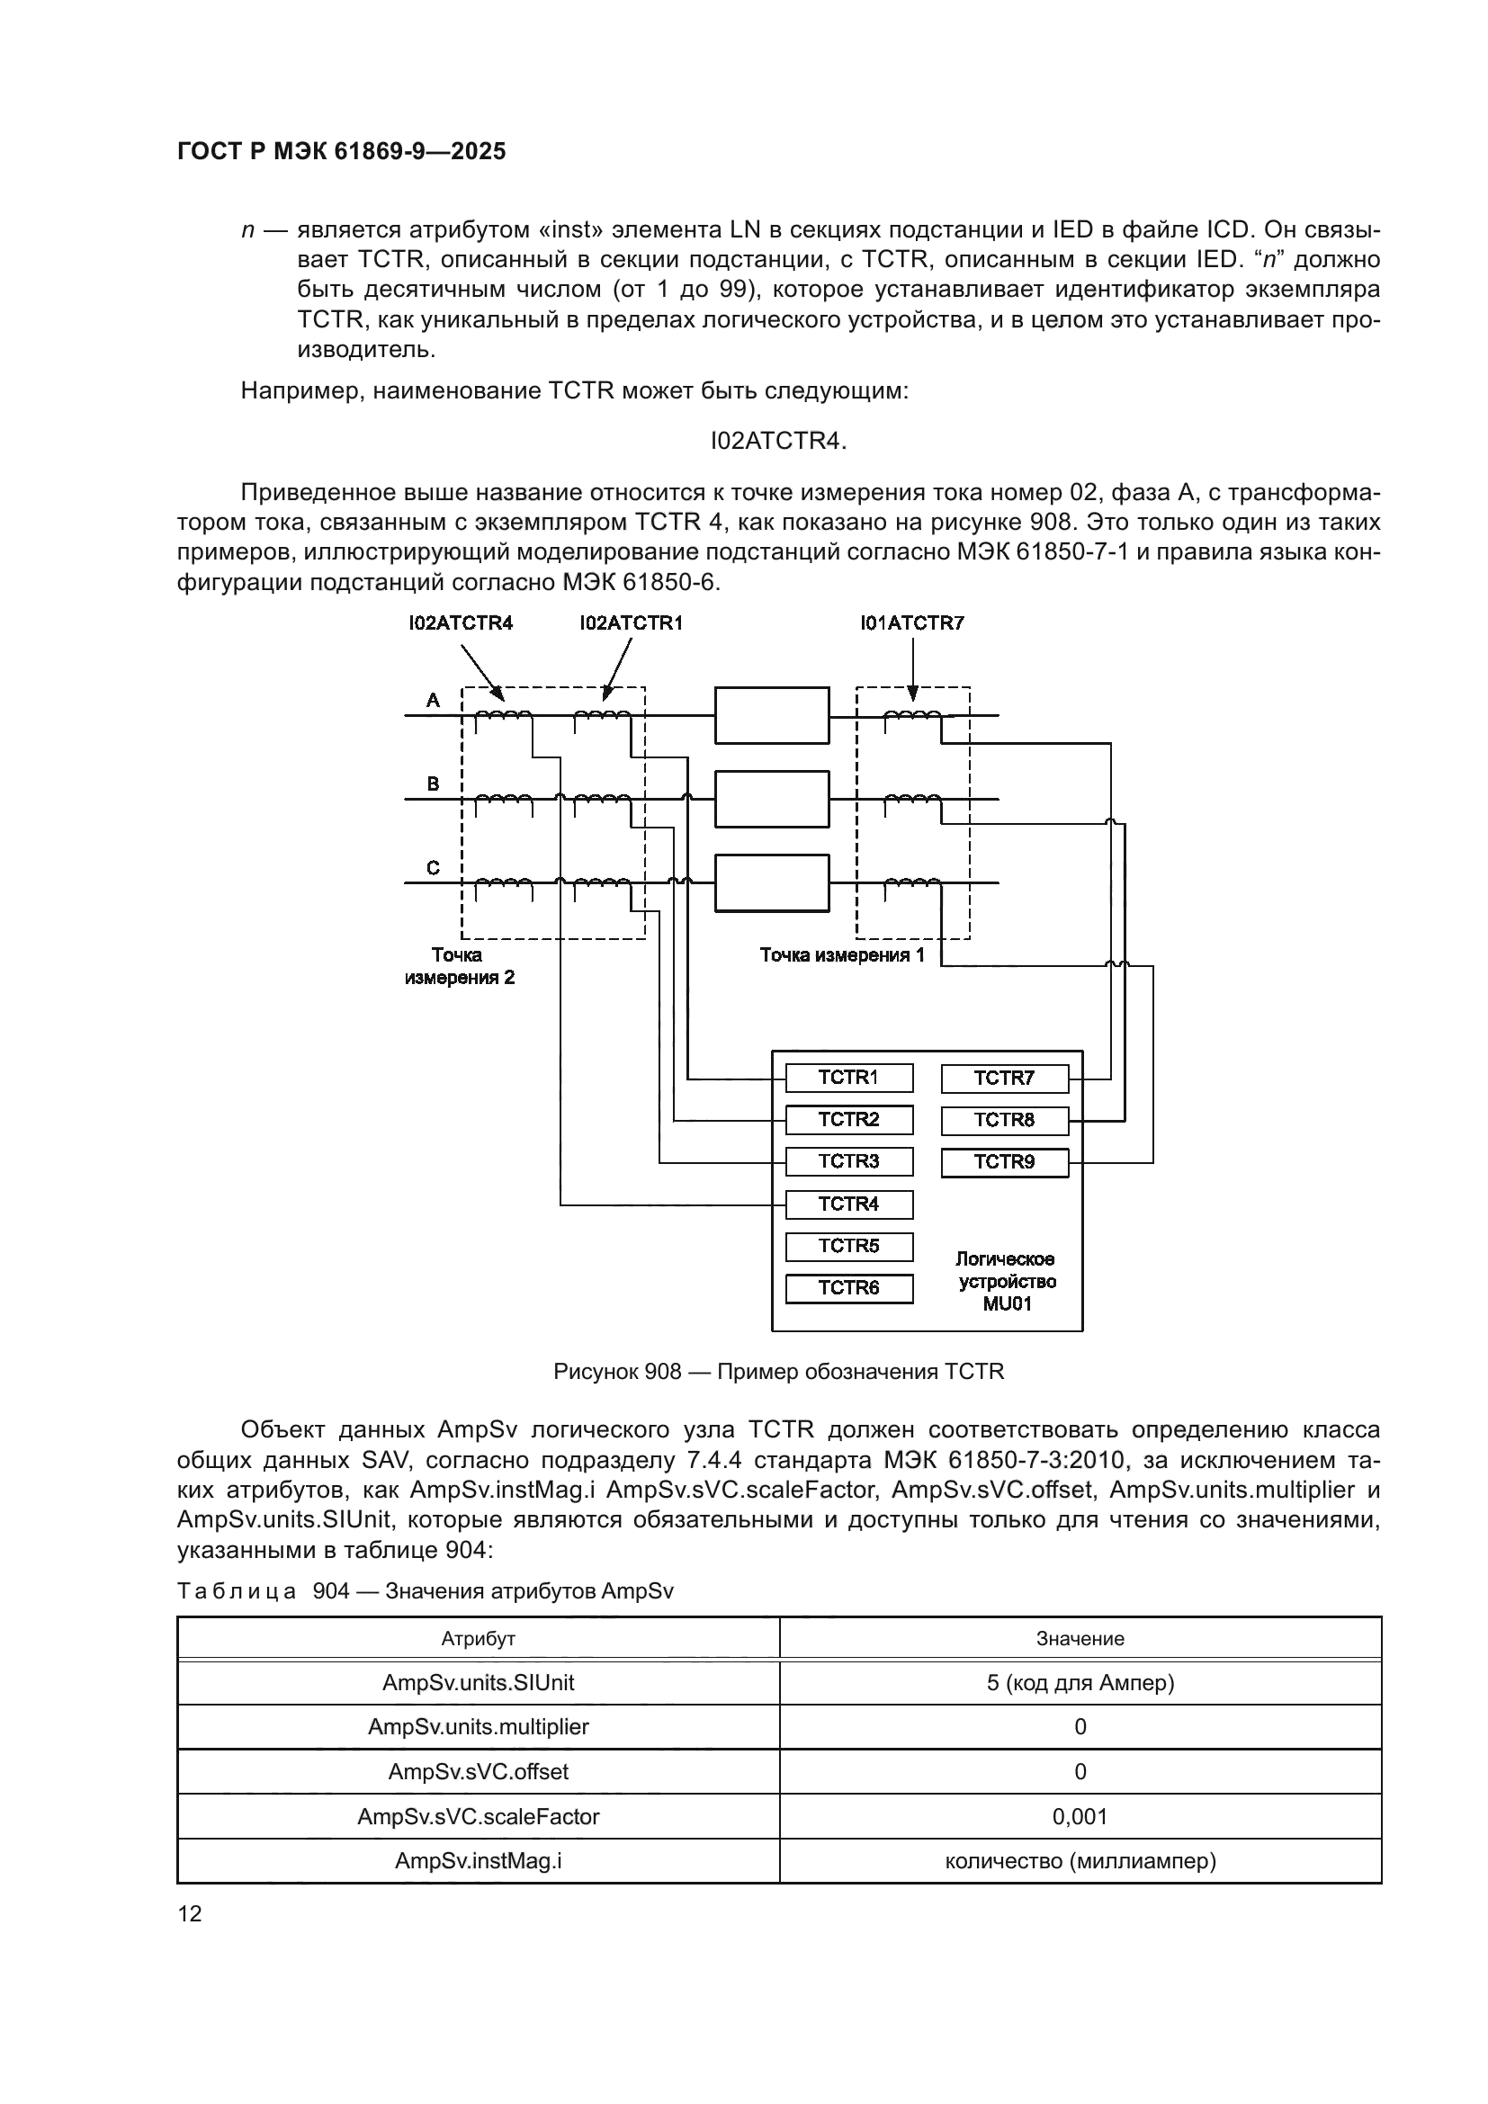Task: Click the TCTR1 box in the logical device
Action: coord(848,1078)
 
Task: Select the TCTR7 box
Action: coord(1004,1079)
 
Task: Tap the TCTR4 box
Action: coord(848,1204)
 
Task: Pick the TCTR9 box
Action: coord(1004,1162)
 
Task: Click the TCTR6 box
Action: coord(848,1287)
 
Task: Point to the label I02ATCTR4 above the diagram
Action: coord(461,623)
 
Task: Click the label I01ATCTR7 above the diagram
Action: coord(911,623)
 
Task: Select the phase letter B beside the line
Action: coord(434,783)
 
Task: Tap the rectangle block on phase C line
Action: coord(772,882)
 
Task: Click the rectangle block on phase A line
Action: coord(772,715)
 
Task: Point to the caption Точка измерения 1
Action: coord(842,955)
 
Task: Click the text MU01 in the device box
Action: coord(1007,1303)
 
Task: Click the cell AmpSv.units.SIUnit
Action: coord(479,1682)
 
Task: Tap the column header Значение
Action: coord(1080,1638)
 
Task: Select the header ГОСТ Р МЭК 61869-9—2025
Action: coord(341,152)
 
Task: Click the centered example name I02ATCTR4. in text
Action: coord(779,441)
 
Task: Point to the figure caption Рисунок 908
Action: coord(779,1371)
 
